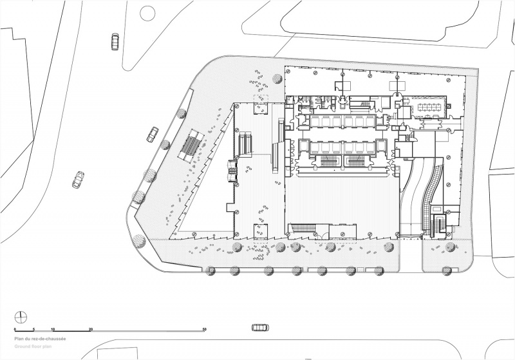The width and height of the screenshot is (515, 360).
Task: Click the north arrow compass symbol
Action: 21,317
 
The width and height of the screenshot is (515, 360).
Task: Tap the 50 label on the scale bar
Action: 204,329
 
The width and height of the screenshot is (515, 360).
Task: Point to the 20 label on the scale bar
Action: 91,329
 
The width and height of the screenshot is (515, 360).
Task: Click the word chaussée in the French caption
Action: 57,339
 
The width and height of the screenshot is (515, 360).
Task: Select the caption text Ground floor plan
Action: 33,346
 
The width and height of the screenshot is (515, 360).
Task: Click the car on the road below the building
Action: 261,328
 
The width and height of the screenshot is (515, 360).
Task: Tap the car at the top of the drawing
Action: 115,41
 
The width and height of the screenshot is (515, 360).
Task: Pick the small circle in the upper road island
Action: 147,14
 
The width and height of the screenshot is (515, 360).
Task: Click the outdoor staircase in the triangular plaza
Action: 192,145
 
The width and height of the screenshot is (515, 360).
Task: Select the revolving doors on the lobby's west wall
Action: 232,171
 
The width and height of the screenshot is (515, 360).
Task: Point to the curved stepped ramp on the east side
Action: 432,194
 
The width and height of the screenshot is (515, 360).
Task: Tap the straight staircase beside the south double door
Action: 302,227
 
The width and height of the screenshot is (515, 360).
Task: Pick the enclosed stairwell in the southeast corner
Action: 438,225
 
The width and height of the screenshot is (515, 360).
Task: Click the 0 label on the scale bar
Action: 15,329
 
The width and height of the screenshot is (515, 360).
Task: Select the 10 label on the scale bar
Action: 53,329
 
